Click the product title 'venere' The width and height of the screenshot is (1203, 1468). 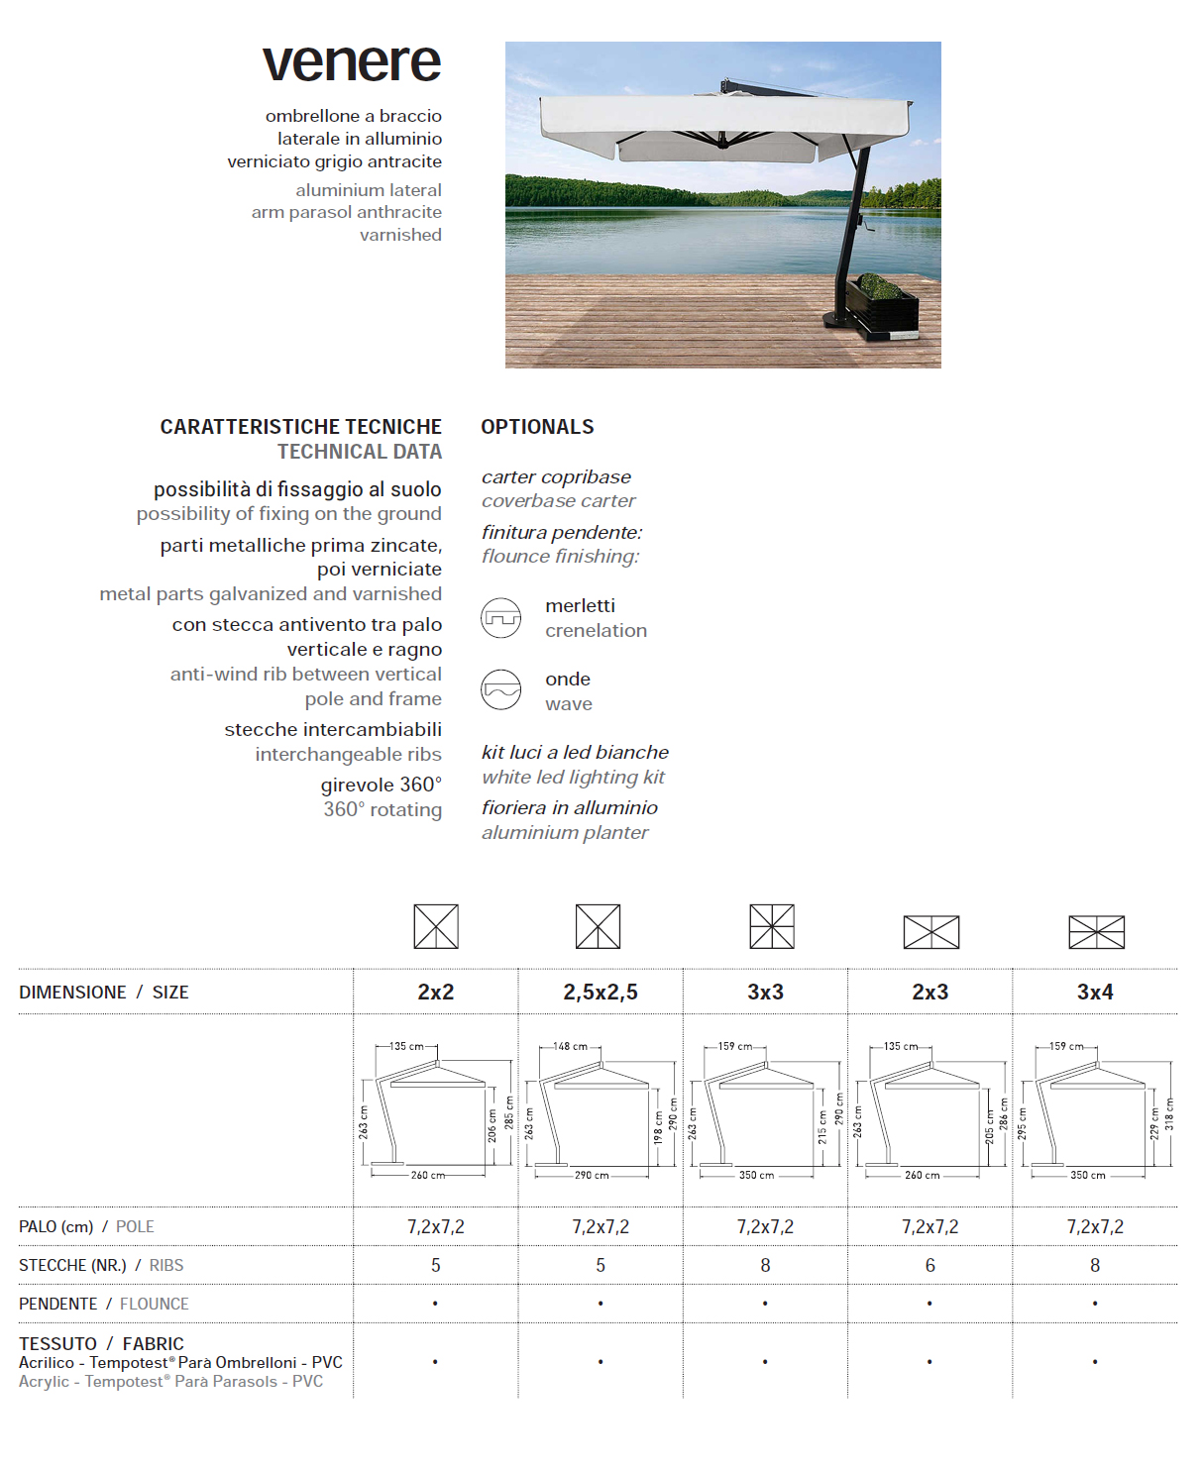pos(352,62)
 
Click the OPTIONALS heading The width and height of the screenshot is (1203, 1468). pos(537,427)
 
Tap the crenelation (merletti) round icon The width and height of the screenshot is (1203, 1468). pos(501,618)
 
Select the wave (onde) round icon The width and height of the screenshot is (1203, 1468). pos(501,689)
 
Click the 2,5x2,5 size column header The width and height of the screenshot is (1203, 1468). pos(601,993)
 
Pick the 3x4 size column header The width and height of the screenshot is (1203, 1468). pos(1095,993)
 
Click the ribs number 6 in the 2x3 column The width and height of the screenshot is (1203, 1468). pos(930,1266)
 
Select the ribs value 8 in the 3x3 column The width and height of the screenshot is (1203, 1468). pos(765,1266)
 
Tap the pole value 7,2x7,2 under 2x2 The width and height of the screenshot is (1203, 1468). pos(436,1227)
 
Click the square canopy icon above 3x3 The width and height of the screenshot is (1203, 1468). pos(772,927)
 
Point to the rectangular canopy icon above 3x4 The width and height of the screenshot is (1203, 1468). pos(1096,932)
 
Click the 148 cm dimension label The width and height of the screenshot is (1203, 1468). pos(570,1046)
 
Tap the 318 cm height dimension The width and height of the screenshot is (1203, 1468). pos(1169,1114)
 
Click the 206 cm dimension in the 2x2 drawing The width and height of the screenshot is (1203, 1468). pos(492,1125)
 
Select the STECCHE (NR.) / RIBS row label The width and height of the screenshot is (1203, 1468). pos(101,1266)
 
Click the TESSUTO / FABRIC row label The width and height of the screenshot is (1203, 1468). pos(101,1344)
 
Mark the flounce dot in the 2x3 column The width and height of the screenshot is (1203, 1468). pos(930,1304)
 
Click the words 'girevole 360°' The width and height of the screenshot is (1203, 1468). pos(382,786)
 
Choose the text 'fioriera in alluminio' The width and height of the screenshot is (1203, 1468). pos(570,808)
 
